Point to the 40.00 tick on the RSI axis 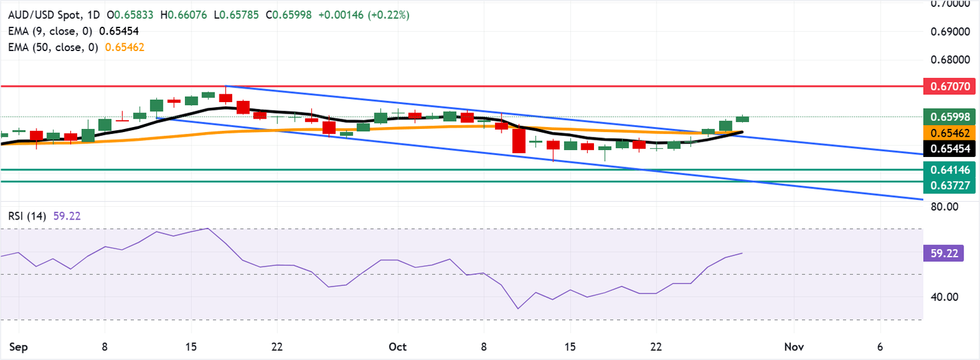[x=940, y=297]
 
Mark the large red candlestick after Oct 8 [x=519, y=140]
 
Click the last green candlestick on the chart [x=743, y=119]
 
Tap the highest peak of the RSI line [x=207, y=228]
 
